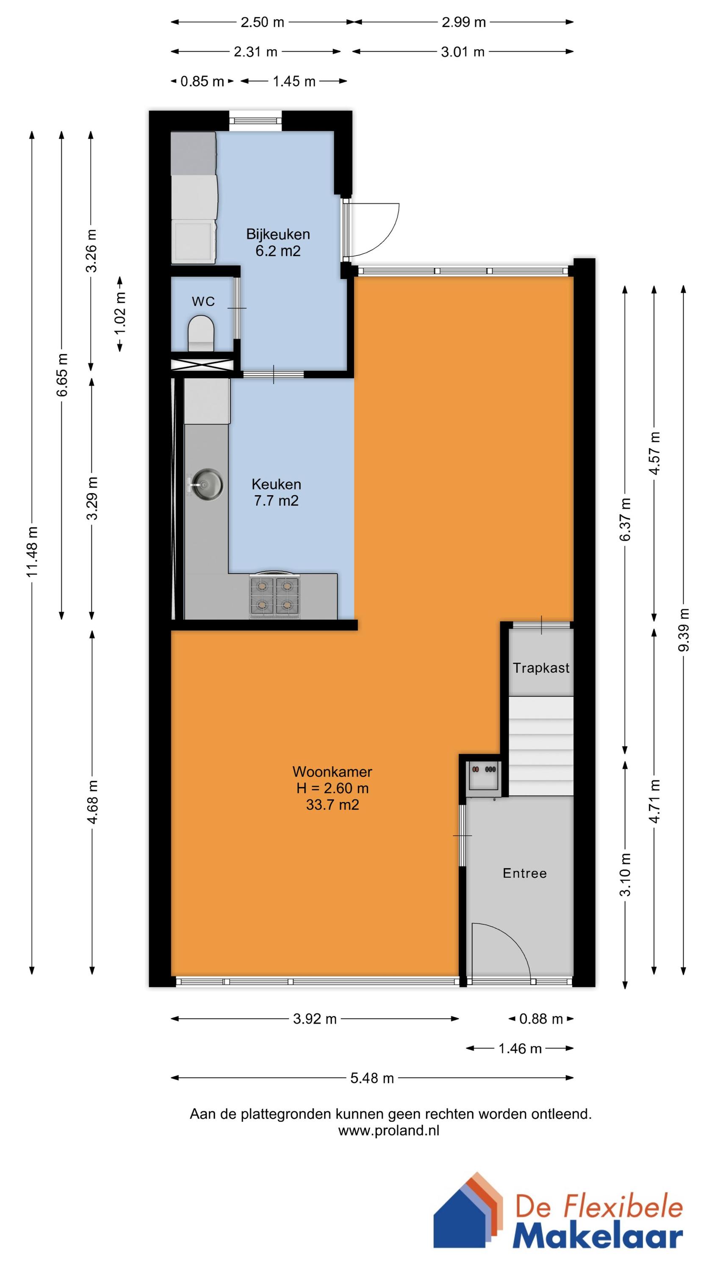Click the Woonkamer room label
(332, 771)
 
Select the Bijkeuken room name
(278, 234)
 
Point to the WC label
(203, 302)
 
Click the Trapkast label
(541, 668)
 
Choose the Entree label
(524, 873)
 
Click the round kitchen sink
(207, 485)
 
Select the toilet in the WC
(201, 333)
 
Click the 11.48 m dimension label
(32, 551)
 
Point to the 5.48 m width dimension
(372, 1078)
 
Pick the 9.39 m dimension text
(683, 630)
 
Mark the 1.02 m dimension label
(120, 313)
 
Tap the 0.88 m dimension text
(541, 1019)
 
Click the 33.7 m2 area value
(333, 805)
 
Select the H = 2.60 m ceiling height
(333, 788)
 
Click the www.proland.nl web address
(389, 1116)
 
